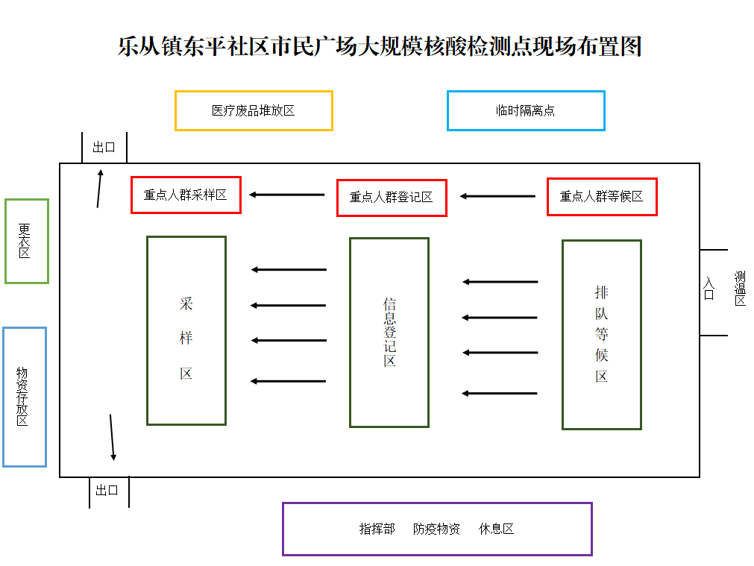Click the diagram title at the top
pyautogui.click(x=380, y=46)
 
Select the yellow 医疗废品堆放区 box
pyautogui.click(x=254, y=110)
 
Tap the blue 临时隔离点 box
pyautogui.click(x=526, y=110)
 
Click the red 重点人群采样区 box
pyautogui.click(x=186, y=195)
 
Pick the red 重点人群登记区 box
pyautogui.click(x=392, y=198)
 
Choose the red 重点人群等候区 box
pyautogui.click(x=602, y=197)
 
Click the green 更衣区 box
pyautogui.click(x=26, y=241)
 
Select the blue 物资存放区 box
pyautogui.click(x=24, y=397)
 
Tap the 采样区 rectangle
pyautogui.click(x=186, y=330)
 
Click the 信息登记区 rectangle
pyautogui.click(x=389, y=333)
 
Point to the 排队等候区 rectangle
pyautogui.click(x=602, y=334)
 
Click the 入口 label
pyautogui.click(x=709, y=289)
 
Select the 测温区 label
pyautogui.click(x=740, y=289)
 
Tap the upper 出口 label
pyautogui.click(x=104, y=148)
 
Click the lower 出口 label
pyautogui.click(x=107, y=490)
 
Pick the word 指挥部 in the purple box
pyautogui.click(x=377, y=529)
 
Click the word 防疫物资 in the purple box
pyautogui.click(x=436, y=529)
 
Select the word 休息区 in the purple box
pyautogui.click(x=496, y=529)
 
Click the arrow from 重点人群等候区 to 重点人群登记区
pyautogui.click(x=497, y=196)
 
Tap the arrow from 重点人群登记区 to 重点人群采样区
pyautogui.click(x=287, y=195)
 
